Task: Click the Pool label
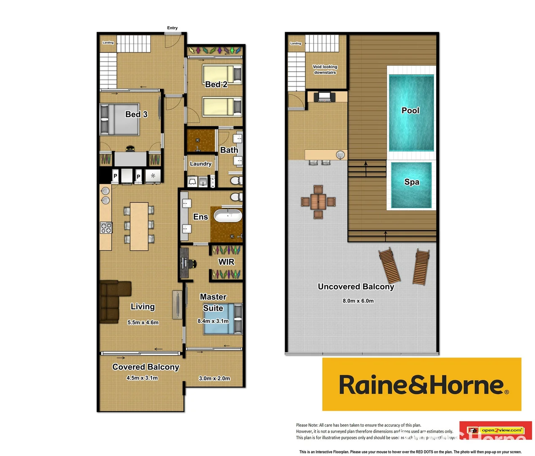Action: [x=410, y=111]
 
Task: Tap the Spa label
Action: [x=412, y=182]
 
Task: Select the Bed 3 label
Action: [x=136, y=114]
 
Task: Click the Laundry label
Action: [x=201, y=164]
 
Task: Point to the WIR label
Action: [x=226, y=262]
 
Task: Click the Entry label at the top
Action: [x=172, y=28]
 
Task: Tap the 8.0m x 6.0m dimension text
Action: [x=358, y=301]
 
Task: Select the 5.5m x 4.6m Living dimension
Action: [x=143, y=323]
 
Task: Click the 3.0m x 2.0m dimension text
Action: [x=215, y=378]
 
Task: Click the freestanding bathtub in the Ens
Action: [x=228, y=216]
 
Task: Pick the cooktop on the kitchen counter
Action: [x=106, y=228]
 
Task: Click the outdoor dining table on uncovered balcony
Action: [x=318, y=202]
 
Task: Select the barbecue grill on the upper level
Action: [x=324, y=97]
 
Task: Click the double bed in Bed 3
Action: [x=119, y=119]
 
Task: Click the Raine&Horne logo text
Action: [x=421, y=385]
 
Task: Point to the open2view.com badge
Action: [x=502, y=430]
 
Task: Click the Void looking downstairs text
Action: [x=325, y=70]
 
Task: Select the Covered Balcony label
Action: [x=146, y=367]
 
